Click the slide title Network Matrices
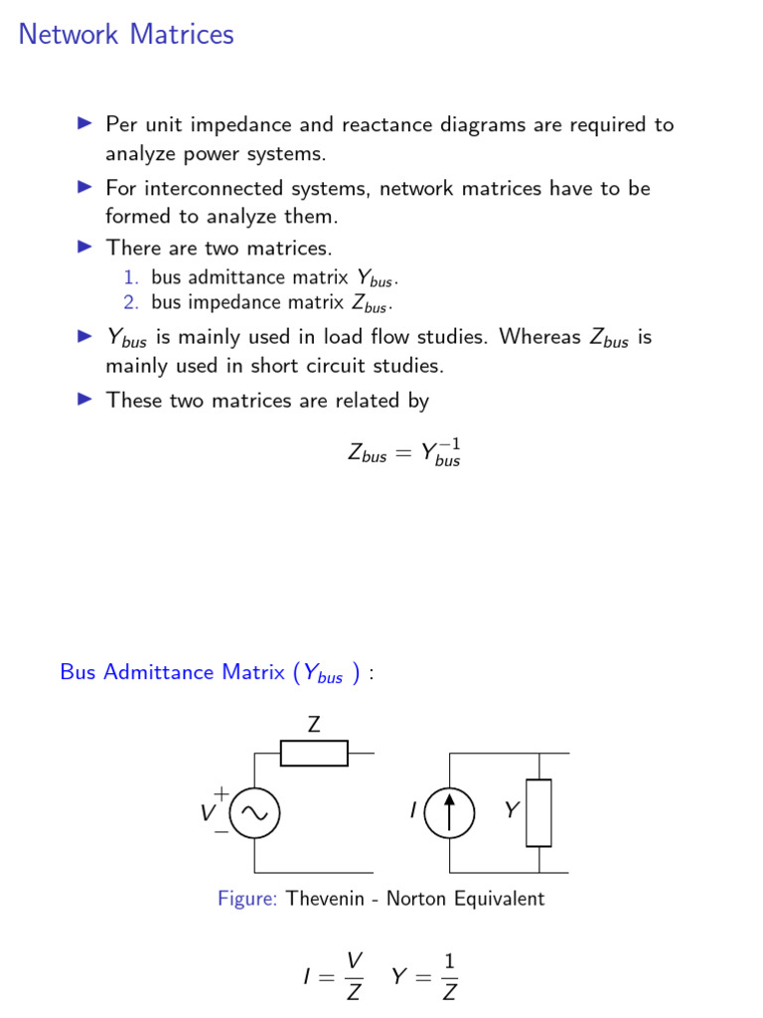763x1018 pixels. coord(126,35)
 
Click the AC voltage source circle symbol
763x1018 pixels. coord(254,813)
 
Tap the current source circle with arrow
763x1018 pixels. coord(449,812)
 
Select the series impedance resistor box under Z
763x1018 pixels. coord(314,754)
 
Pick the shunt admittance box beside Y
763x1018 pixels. coord(538,812)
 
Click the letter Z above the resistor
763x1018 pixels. coord(314,725)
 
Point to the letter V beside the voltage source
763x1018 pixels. coord(208,813)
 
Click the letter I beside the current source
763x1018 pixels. coord(412,812)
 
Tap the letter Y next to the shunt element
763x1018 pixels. coord(511,811)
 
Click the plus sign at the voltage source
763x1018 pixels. coord(221,793)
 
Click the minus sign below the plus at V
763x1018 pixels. coord(221,832)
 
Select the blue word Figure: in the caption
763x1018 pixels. coord(247,899)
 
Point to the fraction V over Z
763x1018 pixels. coord(354,976)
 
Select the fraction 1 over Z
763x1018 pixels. coord(449,976)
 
